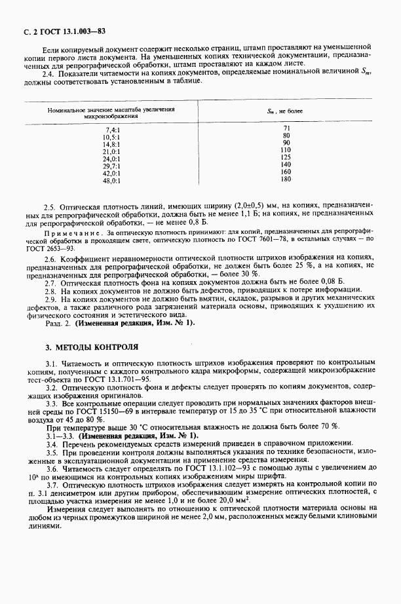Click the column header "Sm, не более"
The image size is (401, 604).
point(285,111)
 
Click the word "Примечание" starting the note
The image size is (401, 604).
point(66,233)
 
